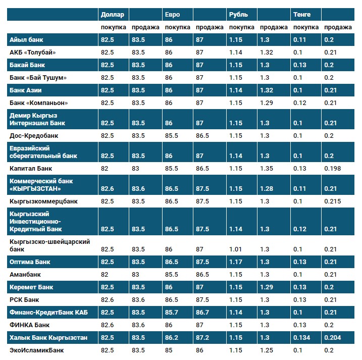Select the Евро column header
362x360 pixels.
171,15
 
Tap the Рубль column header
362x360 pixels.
238,15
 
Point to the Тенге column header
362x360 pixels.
302,15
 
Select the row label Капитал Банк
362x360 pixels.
31,168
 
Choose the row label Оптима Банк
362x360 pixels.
30,262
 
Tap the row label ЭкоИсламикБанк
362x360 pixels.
36,350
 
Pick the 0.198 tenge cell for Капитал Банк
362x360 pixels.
332,168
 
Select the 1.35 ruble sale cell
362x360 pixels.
267,168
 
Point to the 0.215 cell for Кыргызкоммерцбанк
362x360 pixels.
332,201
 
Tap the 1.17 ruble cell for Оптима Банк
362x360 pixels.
235,262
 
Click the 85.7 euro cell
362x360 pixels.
172,313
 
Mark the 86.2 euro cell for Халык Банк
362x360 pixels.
172,337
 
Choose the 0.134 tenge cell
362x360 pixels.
302,337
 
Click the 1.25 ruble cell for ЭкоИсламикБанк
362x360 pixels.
267,350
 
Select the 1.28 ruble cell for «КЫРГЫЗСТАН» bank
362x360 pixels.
267,188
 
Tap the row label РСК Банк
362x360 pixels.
24,300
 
